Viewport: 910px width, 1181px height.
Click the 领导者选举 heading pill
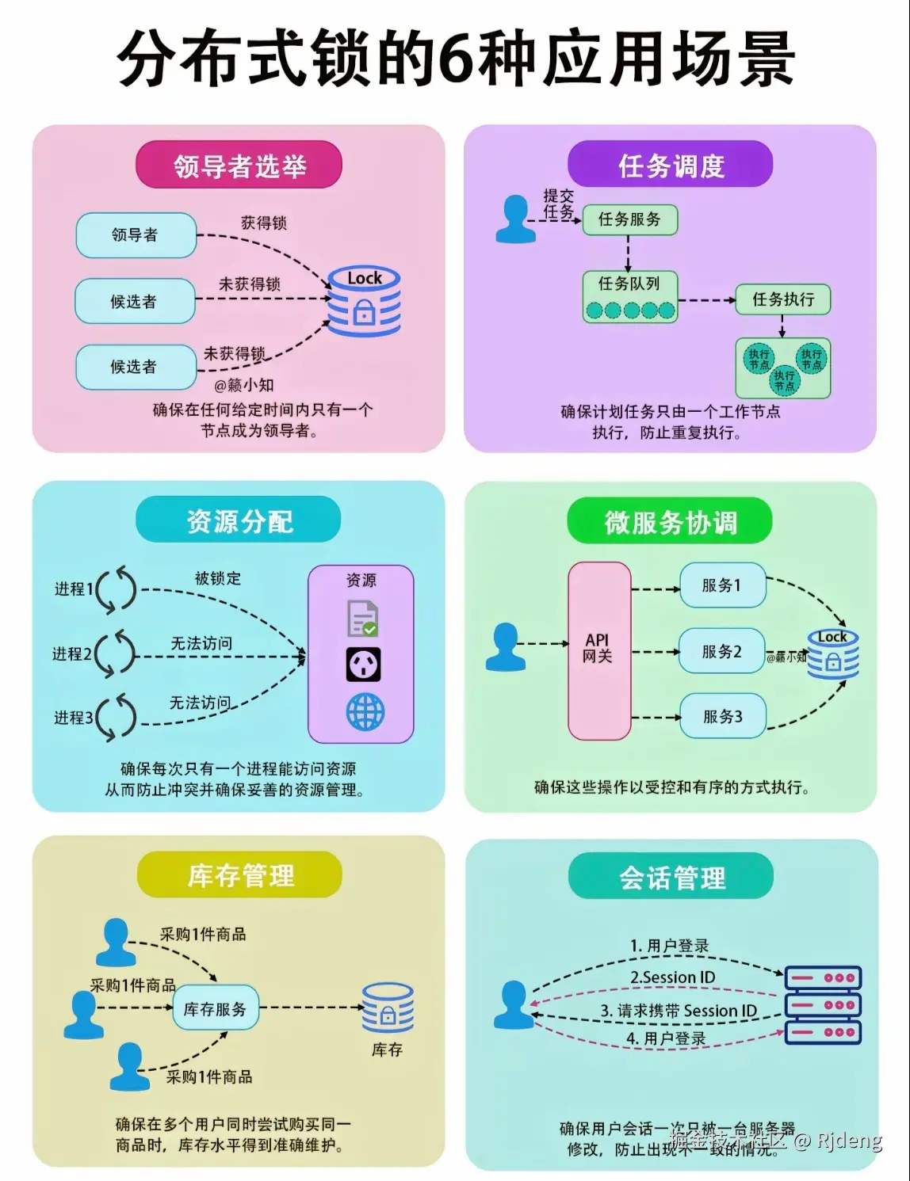click(x=239, y=166)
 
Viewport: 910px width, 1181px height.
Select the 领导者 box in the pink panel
click(x=136, y=235)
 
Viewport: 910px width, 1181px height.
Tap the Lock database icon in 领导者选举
click(x=365, y=302)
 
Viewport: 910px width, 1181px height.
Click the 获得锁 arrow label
click(x=264, y=223)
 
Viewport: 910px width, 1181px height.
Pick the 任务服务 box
click(x=629, y=219)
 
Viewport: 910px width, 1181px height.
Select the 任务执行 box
click(x=782, y=299)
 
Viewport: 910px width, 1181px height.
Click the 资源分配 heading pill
click(x=239, y=520)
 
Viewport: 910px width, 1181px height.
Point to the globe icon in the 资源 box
click(x=365, y=712)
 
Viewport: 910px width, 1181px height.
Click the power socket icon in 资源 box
click(x=363, y=665)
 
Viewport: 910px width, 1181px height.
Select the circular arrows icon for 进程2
click(x=116, y=653)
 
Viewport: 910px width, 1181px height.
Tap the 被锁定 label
click(x=218, y=578)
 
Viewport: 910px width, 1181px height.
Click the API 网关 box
click(x=599, y=650)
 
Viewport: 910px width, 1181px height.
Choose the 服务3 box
click(x=722, y=717)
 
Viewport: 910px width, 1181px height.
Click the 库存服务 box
click(x=216, y=1008)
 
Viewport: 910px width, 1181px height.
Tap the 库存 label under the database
click(x=387, y=1050)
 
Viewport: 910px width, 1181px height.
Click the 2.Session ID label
click(x=672, y=977)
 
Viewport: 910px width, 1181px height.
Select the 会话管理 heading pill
click(x=671, y=878)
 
